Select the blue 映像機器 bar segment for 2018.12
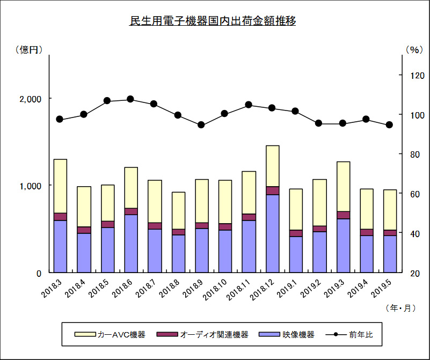(x=272, y=233)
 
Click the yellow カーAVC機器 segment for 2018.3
(x=60, y=186)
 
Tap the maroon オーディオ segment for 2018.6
(x=130, y=211)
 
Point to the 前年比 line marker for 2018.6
(x=130, y=99)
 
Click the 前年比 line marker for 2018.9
(x=201, y=125)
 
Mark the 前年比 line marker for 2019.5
(x=390, y=125)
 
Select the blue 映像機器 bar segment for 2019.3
(x=343, y=245)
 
